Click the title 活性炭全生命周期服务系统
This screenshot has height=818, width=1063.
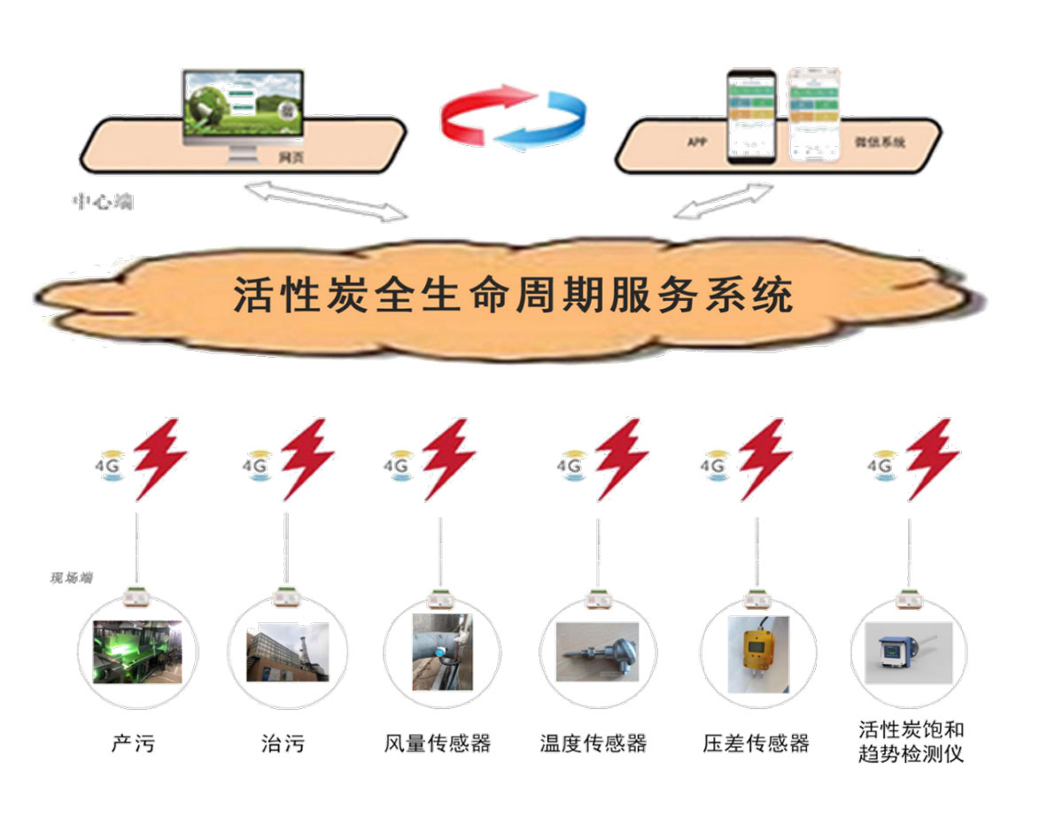pyautogui.click(x=512, y=296)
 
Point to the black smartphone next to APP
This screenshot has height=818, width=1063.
pyautogui.click(x=751, y=116)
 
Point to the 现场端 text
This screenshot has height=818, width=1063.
pyautogui.click(x=71, y=578)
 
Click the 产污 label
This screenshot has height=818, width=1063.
pyautogui.click(x=133, y=742)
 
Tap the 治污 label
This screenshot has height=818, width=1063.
pyautogui.click(x=283, y=742)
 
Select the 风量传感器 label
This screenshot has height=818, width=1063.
pyautogui.click(x=438, y=742)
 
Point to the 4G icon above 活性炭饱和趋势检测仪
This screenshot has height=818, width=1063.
pyautogui.click(x=882, y=465)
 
